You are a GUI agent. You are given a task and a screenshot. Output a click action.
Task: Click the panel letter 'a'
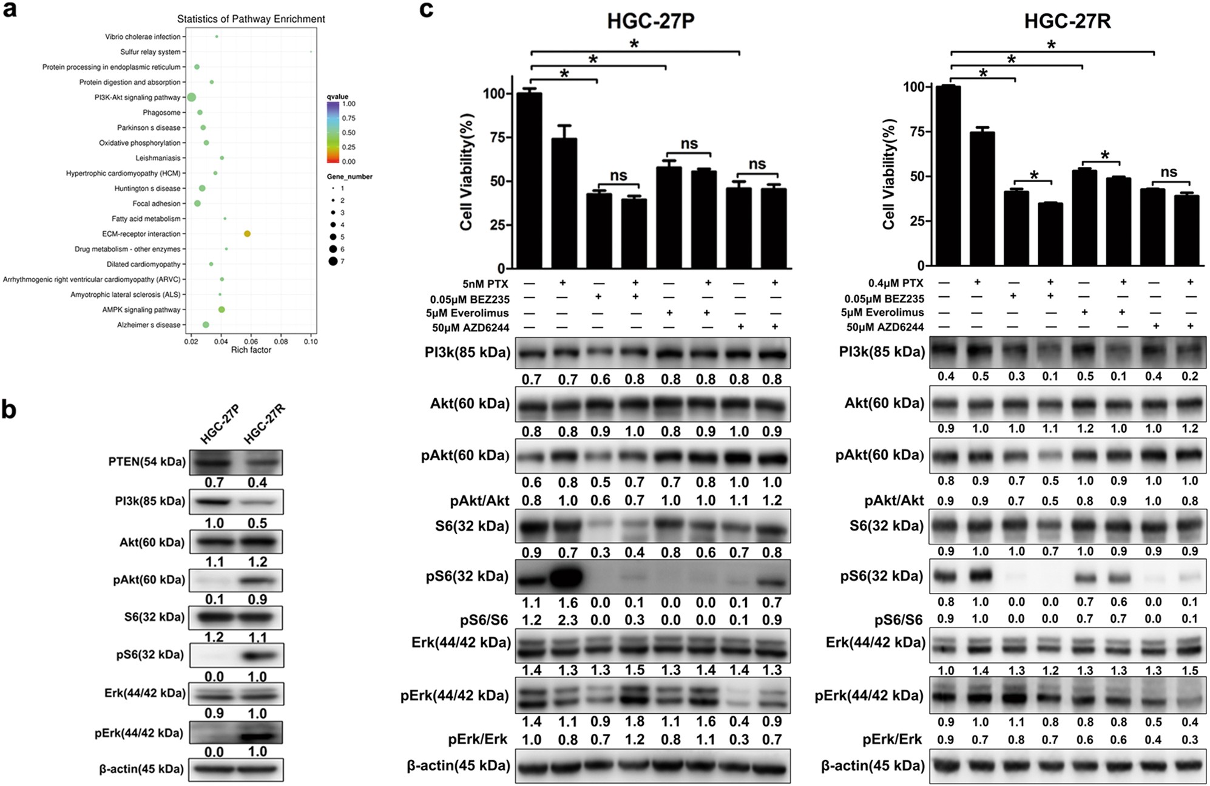9,10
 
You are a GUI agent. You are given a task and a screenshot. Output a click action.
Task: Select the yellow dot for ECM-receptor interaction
247,234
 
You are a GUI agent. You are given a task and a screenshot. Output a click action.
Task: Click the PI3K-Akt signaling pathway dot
191,97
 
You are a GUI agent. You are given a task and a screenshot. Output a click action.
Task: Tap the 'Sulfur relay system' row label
150,52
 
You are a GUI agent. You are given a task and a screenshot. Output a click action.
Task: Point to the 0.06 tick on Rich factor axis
251,342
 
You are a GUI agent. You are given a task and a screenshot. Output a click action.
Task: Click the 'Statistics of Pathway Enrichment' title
251,19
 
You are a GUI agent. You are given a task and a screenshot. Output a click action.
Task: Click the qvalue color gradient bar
333,132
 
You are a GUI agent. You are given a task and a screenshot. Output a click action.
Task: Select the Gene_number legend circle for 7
333,261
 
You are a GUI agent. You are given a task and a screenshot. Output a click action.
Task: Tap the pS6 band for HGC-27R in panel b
258,656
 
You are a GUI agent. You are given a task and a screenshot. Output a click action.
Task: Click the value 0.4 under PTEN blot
257,483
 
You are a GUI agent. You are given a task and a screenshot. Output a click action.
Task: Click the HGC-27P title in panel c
651,21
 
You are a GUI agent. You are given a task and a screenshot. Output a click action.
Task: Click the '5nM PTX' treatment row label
485,284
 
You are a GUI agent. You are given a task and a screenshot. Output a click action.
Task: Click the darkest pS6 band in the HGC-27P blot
566,577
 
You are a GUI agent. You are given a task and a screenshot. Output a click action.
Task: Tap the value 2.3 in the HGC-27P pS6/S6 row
567,620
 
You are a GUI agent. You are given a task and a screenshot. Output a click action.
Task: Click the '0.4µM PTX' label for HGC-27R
896,283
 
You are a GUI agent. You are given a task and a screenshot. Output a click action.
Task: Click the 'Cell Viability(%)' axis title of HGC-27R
889,174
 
